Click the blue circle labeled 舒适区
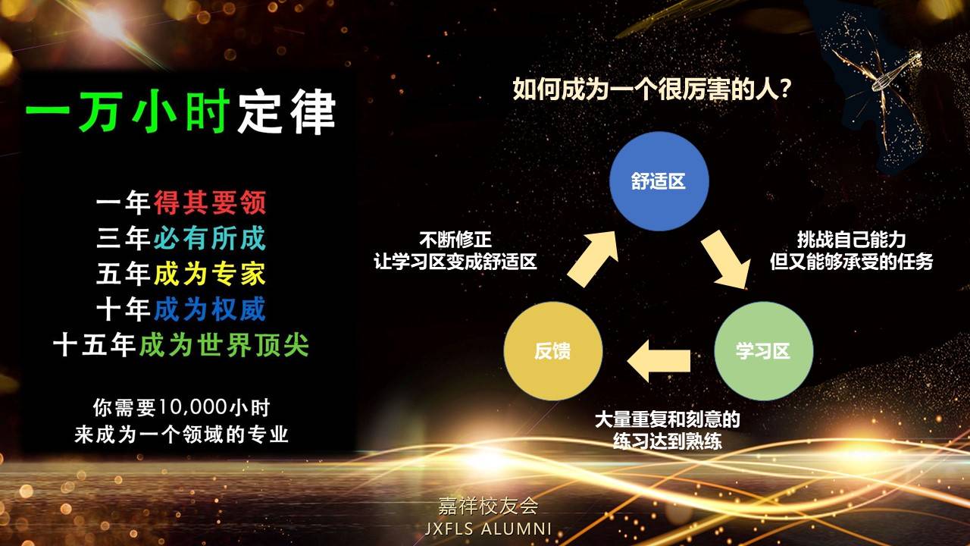click(659, 181)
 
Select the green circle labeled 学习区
click(763, 351)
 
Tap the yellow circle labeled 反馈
click(553, 351)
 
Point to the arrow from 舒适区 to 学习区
click(727, 259)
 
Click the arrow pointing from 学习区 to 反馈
click(659, 360)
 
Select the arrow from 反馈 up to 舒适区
click(593, 259)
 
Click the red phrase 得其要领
click(210, 202)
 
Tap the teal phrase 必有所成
click(210, 238)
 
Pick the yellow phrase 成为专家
click(210, 274)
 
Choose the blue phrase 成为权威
click(210, 309)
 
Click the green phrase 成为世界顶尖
click(224, 345)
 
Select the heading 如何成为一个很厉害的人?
click(652, 89)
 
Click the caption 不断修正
click(455, 240)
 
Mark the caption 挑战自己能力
click(851, 240)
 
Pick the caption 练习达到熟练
click(668, 441)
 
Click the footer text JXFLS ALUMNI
click(488, 529)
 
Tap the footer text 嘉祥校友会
click(488, 506)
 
